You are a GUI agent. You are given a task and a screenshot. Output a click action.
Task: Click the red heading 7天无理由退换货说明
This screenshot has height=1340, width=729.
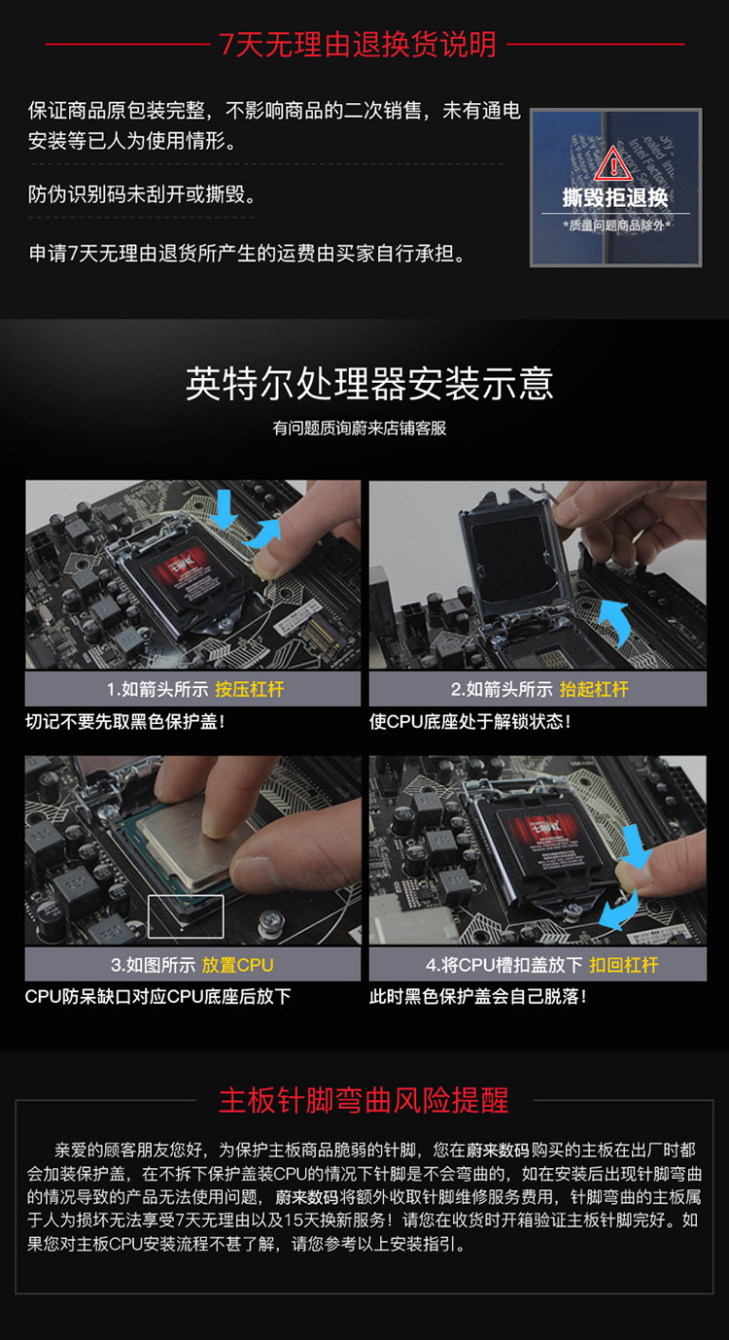(x=358, y=45)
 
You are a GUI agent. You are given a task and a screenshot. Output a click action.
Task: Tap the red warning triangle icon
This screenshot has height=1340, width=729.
(x=613, y=162)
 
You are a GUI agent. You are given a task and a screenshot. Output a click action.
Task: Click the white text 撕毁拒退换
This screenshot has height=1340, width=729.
(x=614, y=197)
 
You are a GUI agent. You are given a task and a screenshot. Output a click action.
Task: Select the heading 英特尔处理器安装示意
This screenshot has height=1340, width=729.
(x=368, y=384)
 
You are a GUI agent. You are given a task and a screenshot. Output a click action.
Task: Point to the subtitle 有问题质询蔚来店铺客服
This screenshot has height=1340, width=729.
(x=360, y=429)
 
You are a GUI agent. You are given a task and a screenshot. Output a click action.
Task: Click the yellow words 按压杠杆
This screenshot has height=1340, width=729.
(x=250, y=689)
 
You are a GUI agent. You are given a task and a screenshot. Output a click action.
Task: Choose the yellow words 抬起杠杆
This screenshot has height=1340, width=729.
(x=594, y=689)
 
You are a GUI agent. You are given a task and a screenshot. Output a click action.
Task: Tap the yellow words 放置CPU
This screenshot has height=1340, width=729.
(x=237, y=964)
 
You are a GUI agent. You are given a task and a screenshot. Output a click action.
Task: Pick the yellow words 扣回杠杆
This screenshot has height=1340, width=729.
(x=624, y=964)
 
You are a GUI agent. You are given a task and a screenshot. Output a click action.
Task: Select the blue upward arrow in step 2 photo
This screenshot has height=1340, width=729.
(x=616, y=622)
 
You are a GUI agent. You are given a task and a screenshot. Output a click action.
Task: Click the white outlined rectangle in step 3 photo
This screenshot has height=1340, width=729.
(x=187, y=916)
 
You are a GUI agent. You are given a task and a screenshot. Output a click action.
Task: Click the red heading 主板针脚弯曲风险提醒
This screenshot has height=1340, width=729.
(x=364, y=1100)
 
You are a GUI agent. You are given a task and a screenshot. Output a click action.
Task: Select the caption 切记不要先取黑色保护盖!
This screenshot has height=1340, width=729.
(x=125, y=721)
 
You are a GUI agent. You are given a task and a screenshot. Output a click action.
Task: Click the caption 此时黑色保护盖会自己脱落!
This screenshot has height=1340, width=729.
(x=477, y=997)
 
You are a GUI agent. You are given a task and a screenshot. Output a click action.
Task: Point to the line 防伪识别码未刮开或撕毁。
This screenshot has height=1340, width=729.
(x=143, y=193)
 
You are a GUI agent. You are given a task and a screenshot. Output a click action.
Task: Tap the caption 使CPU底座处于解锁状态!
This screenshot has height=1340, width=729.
(x=470, y=721)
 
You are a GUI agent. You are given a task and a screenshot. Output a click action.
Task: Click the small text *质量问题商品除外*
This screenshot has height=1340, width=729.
(x=616, y=225)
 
